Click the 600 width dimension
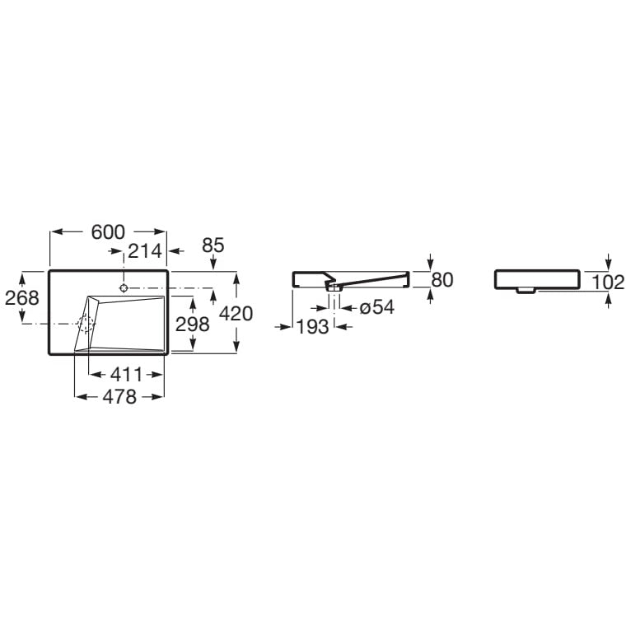point(108,232)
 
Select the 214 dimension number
point(145,251)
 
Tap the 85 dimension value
point(213,245)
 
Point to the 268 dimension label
point(22,297)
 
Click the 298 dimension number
point(193,325)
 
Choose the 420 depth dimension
point(236,314)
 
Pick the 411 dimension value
point(126,375)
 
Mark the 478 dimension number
point(119,397)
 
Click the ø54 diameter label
point(377,307)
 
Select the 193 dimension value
point(312,327)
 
